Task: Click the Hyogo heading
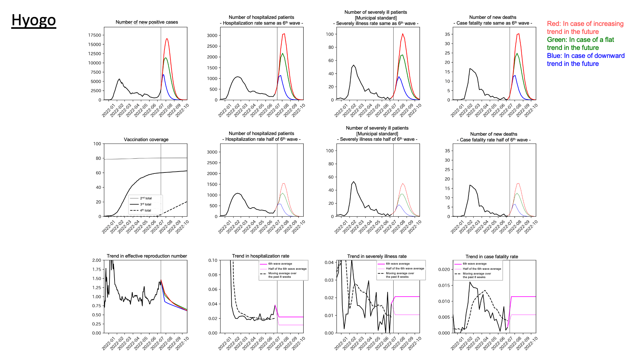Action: click(x=34, y=20)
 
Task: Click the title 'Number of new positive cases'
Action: click(x=147, y=22)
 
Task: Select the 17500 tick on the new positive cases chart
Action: click(x=94, y=35)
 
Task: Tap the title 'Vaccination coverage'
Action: click(x=146, y=140)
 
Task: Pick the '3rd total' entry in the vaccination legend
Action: click(x=146, y=204)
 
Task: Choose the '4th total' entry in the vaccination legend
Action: click(x=146, y=210)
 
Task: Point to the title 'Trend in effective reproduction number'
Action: click(x=147, y=256)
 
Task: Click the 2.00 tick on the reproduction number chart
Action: click(x=97, y=260)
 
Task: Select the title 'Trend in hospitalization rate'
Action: click(x=260, y=256)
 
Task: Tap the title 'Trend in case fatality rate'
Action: click(x=492, y=257)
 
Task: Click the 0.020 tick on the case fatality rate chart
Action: click(x=444, y=269)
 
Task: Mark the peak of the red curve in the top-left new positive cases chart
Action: click(x=167, y=39)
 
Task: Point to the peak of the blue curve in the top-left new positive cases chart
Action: click(x=163, y=75)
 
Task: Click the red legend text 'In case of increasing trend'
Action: click(x=585, y=28)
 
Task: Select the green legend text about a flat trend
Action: click(x=580, y=44)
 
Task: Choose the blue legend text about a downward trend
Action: click(x=586, y=60)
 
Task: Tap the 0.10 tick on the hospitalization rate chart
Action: click(x=213, y=260)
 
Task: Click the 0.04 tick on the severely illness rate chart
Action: click(x=329, y=262)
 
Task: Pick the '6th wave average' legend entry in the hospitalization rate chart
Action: click(x=280, y=264)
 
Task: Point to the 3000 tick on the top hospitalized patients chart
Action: click(x=212, y=36)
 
